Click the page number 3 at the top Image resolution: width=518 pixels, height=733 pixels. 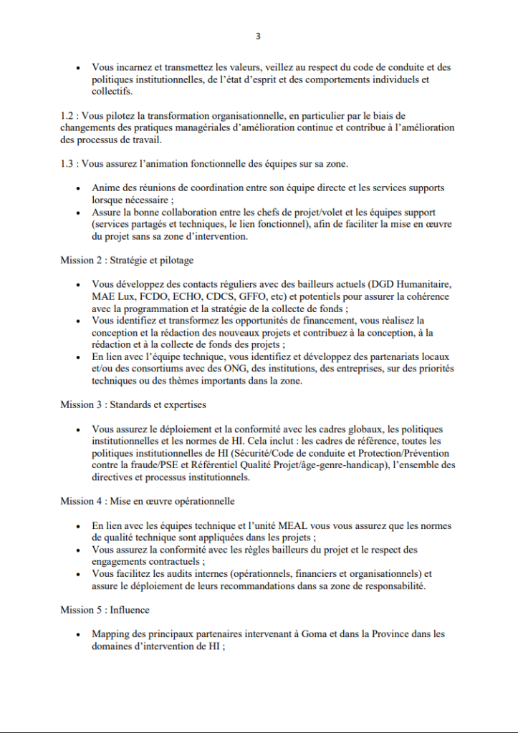coord(259,36)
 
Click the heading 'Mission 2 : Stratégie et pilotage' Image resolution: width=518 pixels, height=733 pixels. coord(127,261)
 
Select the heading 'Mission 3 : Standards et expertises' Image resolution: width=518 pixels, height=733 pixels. coord(133,404)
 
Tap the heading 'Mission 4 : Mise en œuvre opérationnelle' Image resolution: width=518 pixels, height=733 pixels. coord(147,501)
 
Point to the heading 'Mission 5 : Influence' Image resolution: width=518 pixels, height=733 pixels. coord(105,610)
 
